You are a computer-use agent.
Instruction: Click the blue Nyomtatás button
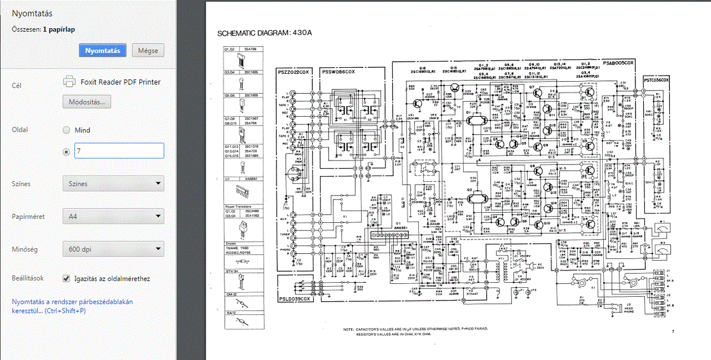(103, 51)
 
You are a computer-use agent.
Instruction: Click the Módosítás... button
(87, 102)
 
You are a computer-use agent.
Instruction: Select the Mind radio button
(67, 130)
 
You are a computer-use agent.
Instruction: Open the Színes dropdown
(113, 183)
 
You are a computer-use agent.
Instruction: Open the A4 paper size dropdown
(113, 216)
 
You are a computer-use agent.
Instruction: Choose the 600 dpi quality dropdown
(113, 249)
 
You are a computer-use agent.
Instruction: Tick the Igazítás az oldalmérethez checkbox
(67, 278)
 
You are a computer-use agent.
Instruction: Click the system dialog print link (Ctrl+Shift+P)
(72, 306)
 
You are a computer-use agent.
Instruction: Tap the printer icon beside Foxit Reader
(69, 82)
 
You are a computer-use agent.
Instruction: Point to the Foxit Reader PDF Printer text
(121, 82)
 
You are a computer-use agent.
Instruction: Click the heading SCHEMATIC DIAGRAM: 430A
(264, 33)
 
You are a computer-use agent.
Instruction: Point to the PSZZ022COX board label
(294, 72)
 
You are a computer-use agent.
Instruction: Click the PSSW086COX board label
(338, 72)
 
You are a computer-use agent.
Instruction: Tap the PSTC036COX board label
(657, 80)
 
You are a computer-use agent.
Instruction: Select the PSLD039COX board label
(294, 299)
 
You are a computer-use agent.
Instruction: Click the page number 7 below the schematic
(672, 332)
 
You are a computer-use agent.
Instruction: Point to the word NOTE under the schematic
(348, 329)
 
